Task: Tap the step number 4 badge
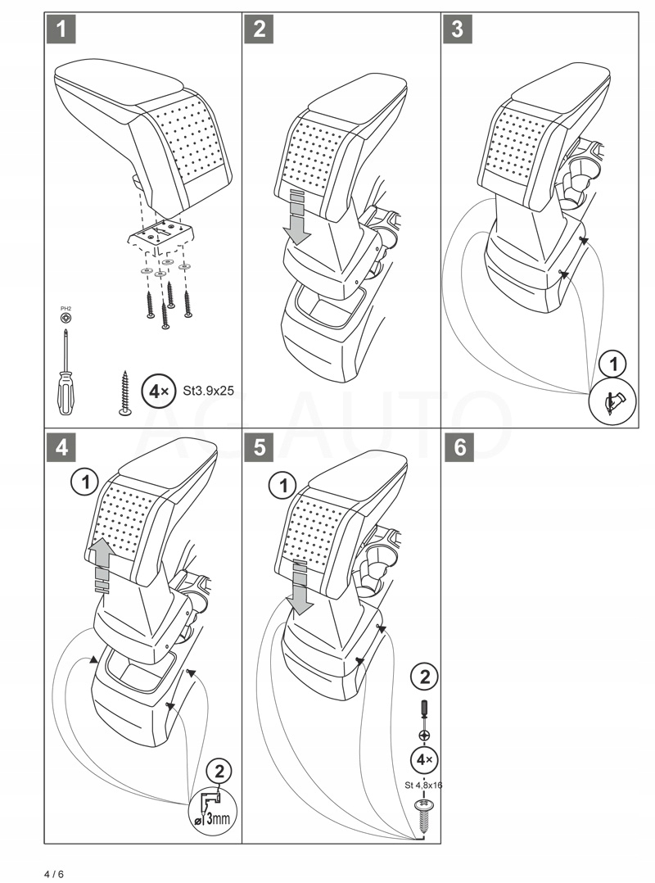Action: tap(60, 447)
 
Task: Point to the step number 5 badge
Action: tap(259, 447)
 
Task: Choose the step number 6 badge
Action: tap(457, 447)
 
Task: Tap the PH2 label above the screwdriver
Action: tap(65, 308)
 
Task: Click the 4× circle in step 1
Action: tap(156, 391)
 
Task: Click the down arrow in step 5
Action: tap(300, 590)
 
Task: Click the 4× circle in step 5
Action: tap(423, 759)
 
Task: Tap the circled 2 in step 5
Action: tap(423, 677)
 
